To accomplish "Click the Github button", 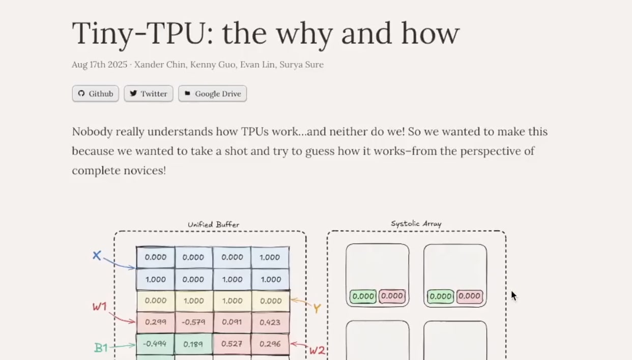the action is pos(95,94).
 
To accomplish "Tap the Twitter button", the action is pos(149,94).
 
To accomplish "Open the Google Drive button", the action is pos(212,94).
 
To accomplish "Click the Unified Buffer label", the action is pos(213,224).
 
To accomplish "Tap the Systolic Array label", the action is pos(416,223).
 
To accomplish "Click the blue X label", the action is pos(97,255).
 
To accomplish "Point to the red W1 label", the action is pos(100,307).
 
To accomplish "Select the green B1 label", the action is pos(101,348).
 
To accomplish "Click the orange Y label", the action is pos(317,308).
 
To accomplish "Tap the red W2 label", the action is pos(317,350).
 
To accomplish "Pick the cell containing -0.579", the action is pos(193,322).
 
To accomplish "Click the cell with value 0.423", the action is pos(270,322).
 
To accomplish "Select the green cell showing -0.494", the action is pos(155,344).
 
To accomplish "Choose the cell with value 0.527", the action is pos(232,344).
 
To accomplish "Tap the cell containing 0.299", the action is pos(155,322).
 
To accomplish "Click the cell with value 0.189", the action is pos(193,344).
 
